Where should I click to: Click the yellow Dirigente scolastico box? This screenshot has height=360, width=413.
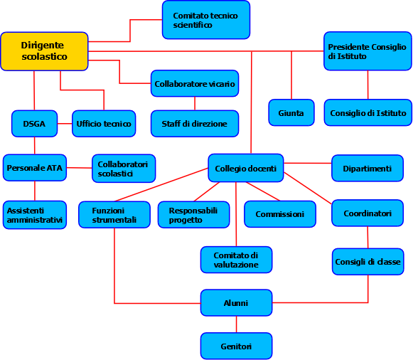(x=44, y=51)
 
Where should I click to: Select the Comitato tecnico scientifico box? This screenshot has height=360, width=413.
(x=206, y=20)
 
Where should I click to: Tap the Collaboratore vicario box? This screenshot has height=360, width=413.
(x=195, y=83)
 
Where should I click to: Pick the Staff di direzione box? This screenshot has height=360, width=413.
(x=195, y=124)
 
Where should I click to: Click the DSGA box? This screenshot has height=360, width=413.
(x=35, y=124)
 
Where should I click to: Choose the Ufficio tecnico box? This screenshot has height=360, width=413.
(x=104, y=124)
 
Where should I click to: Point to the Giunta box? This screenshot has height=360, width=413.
(x=291, y=113)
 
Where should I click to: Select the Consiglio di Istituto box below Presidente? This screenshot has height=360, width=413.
(x=368, y=113)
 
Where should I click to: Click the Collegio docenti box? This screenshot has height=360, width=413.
(x=246, y=168)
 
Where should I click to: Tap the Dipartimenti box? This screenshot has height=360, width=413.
(x=368, y=168)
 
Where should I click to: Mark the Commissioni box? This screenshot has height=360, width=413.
(x=280, y=214)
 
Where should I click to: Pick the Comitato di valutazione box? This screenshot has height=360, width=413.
(x=236, y=260)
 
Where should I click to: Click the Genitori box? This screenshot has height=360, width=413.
(x=236, y=346)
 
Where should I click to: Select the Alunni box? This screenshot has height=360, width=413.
(x=236, y=303)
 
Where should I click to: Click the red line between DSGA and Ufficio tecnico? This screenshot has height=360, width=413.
(x=65, y=124)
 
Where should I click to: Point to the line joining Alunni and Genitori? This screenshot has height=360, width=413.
(x=236, y=324)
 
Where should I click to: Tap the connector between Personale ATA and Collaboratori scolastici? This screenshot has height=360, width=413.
(x=80, y=168)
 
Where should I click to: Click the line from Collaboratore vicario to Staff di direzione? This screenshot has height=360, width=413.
(x=195, y=104)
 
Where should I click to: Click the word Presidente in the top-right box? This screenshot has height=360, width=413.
(x=345, y=47)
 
